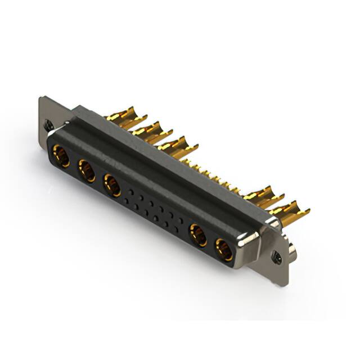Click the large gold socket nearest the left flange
click(61, 156)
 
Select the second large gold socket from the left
click(87, 170)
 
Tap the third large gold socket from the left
click(112, 185)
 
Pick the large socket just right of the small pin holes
click(198, 235)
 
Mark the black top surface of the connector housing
click(169, 157)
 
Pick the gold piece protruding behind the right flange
click(292, 248)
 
